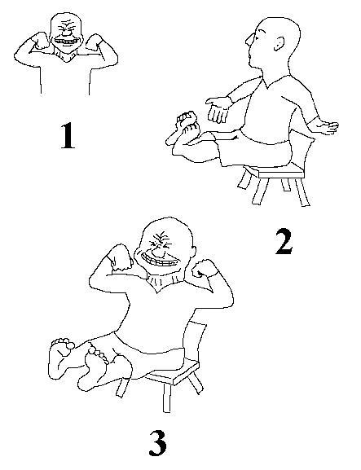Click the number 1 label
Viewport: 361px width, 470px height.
pos(68,135)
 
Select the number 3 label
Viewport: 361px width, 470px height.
pos(158,443)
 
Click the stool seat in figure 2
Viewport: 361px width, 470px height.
pos(281,172)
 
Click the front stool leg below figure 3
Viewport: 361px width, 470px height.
pos(167,398)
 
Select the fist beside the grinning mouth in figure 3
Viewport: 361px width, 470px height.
pos(121,257)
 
